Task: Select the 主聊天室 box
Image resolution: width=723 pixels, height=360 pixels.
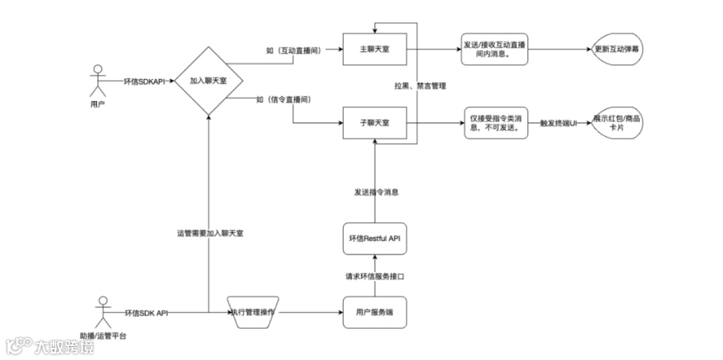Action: tap(374, 50)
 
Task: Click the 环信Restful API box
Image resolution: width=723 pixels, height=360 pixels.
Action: tap(374, 239)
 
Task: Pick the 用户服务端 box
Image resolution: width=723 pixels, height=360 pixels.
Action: tap(374, 312)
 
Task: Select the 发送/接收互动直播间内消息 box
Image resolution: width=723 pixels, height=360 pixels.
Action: tap(495, 50)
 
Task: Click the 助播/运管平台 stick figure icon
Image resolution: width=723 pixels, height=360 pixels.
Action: tap(102, 310)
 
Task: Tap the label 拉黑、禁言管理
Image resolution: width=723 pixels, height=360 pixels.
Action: tap(420, 86)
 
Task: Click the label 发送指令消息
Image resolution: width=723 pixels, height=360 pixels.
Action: tap(376, 193)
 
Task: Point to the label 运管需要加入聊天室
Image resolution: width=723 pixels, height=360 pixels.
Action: tap(210, 234)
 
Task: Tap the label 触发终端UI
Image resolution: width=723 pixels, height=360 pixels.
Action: tap(558, 124)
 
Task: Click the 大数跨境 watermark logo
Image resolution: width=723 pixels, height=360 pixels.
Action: tap(50, 347)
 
